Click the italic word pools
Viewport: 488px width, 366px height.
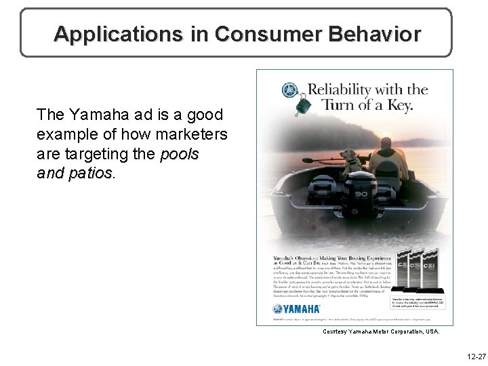(x=180, y=155)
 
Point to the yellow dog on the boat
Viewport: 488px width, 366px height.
(x=353, y=160)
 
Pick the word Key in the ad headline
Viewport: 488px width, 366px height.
(x=399, y=105)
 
